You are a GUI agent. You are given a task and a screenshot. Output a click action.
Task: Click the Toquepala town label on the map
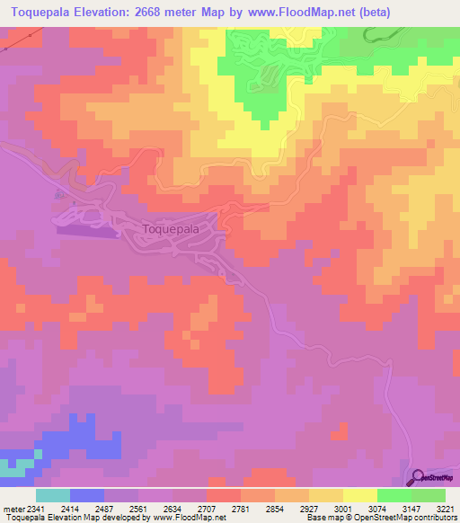click(171, 229)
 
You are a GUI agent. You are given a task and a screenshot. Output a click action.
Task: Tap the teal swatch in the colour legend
click(53, 495)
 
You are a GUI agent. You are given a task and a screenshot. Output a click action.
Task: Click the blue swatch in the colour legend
click(87, 495)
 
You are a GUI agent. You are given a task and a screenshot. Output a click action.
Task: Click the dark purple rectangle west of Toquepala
click(88, 231)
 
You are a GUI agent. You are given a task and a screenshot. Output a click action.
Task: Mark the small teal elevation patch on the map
click(13, 468)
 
